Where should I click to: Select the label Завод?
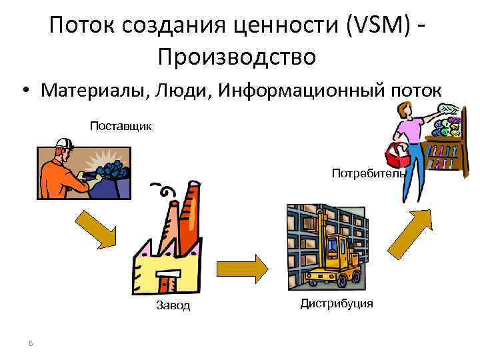(173, 305)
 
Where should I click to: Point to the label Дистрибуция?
(337, 304)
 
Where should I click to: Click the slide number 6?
(31, 343)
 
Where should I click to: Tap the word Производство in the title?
(237, 57)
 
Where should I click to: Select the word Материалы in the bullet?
(93, 90)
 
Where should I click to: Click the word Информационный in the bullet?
(302, 90)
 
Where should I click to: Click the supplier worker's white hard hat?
(65, 143)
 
